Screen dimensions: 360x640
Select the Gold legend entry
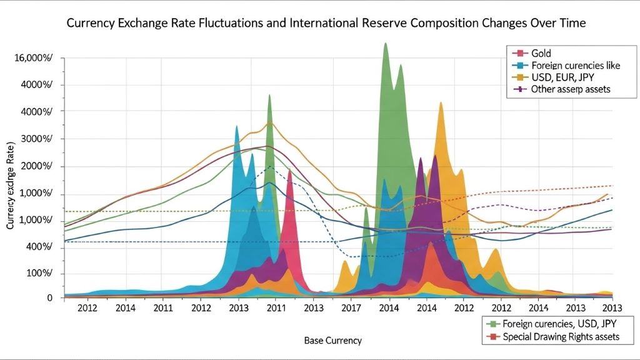[541, 54]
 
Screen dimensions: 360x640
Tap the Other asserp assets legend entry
[570, 89]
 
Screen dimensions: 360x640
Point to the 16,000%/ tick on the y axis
[32, 57]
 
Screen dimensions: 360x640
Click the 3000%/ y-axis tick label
[35, 139]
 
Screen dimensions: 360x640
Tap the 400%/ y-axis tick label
[38, 247]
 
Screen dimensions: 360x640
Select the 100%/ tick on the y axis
[38, 274]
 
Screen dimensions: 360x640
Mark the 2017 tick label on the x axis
[352, 309]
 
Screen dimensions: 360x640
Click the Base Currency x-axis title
[332, 341]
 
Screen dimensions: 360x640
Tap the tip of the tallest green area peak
[386, 43]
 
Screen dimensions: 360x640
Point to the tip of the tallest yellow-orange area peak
[441, 102]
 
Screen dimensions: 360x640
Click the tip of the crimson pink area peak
[289, 170]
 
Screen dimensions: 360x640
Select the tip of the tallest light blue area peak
[236, 126]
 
